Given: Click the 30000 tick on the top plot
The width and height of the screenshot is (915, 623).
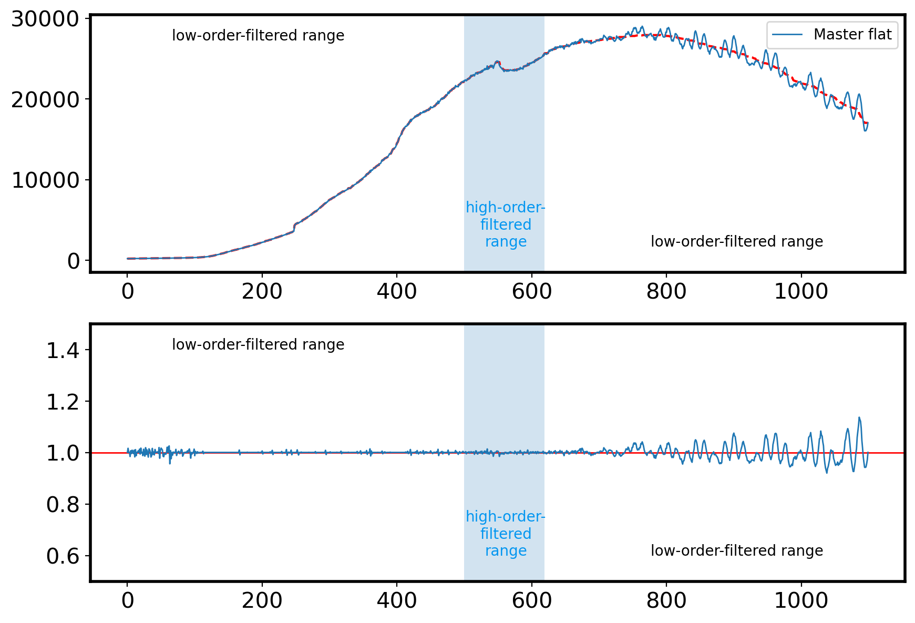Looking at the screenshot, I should click(x=45, y=19).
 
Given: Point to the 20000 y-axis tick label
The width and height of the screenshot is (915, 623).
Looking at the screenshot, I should click(x=45, y=100).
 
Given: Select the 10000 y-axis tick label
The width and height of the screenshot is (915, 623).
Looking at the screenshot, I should click(x=45, y=180).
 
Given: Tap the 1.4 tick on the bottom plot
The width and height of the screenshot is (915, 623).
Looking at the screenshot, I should click(x=63, y=351).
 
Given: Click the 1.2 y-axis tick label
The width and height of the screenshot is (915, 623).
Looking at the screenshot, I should click(x=63, y=402).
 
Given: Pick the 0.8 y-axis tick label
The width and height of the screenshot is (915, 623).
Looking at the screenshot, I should click(x=63, y=505).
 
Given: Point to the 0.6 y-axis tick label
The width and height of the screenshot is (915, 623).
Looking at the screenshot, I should click(x=63, y=557).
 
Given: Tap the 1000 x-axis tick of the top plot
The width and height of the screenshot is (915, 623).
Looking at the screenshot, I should click(x=801, y=291).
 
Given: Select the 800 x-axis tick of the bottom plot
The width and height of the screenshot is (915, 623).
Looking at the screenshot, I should click(x=666, y=600).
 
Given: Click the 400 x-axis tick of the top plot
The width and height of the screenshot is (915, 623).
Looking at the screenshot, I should click(x=397, y=291).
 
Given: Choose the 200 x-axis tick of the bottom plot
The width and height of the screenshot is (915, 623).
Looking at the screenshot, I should click(x=262, y=600).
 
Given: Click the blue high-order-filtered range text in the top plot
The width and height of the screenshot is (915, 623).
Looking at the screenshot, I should click(x=506, y=224).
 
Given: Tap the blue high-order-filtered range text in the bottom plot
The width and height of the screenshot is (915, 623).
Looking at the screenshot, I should click(x=506, y=534).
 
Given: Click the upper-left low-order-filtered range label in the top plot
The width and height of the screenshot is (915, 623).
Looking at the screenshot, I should click(x=258, y=36).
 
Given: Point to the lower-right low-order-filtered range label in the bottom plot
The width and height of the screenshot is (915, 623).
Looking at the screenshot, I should click(x=737, y=551).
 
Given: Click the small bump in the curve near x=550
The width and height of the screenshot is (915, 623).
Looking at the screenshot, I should click(x=498, y=63).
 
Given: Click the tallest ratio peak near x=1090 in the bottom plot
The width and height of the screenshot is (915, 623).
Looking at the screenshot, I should click(x=859, y=418).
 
